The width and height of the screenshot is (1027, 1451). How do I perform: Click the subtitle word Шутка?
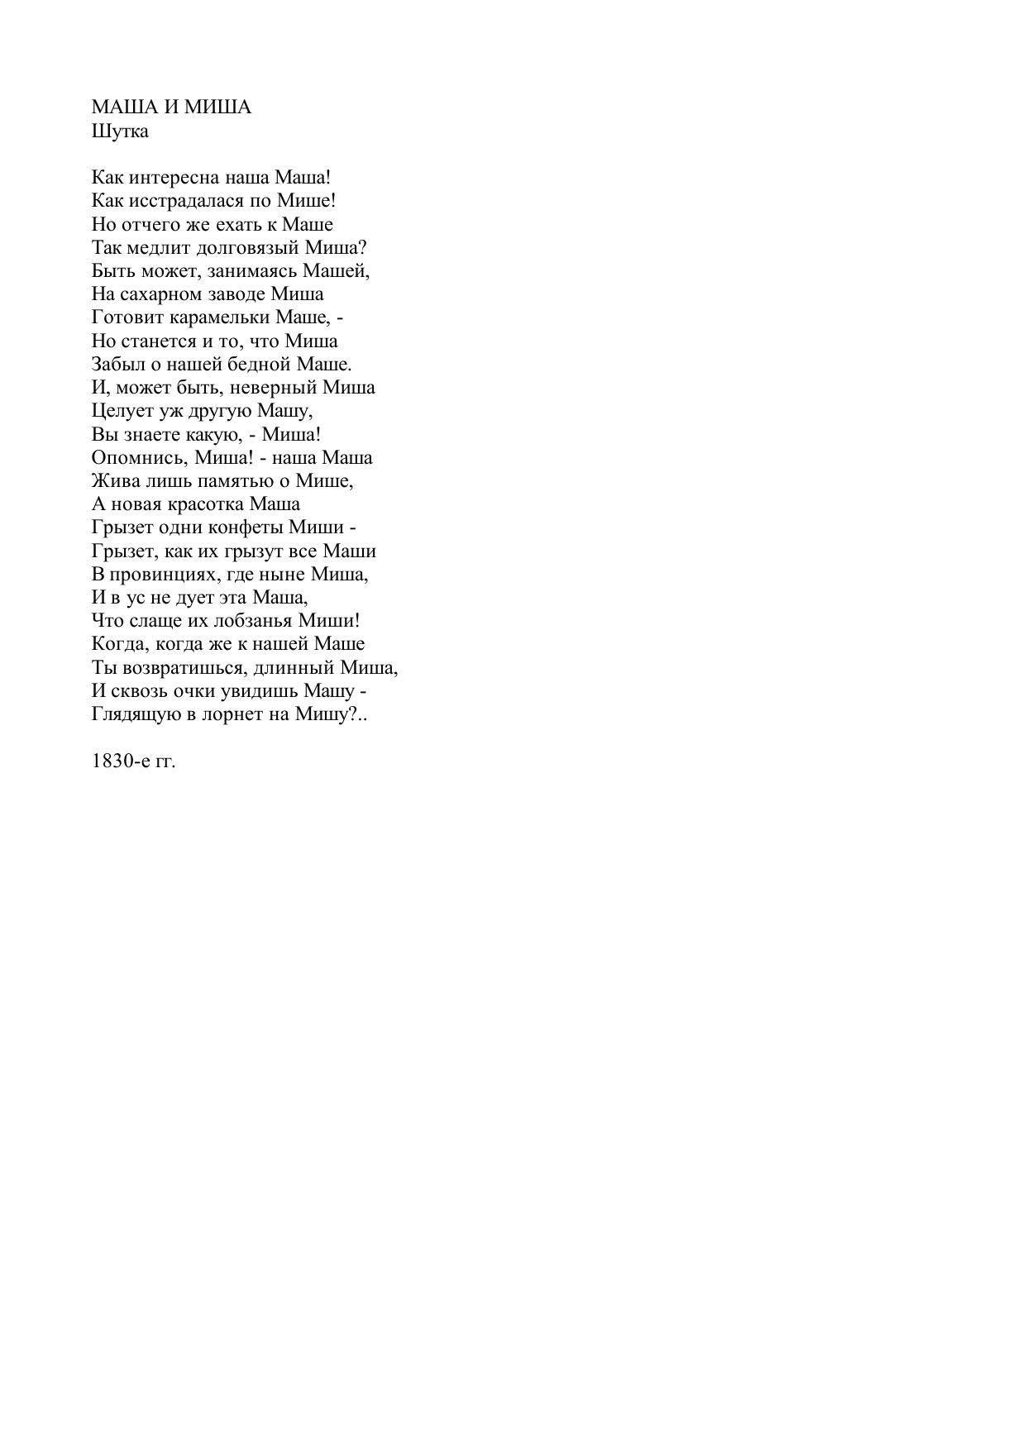pos(120,131)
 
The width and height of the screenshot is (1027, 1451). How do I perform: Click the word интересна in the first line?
pos(175,177)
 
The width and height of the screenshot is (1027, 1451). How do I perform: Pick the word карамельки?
pos(221,317)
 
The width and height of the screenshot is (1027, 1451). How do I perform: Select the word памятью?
pos(240,480)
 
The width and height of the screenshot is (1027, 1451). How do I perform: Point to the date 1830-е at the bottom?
pos(121,761)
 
